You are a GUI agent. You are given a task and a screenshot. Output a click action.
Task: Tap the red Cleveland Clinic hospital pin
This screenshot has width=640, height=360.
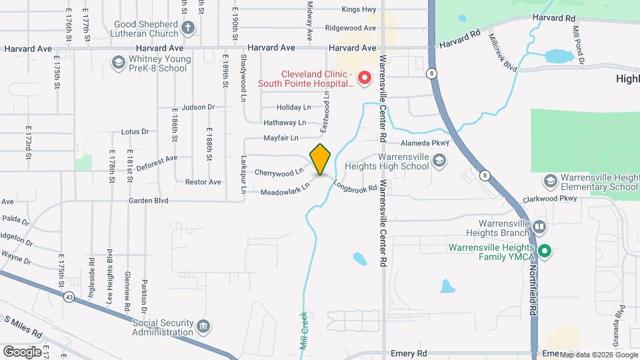pyautogui.click(x=365, y=78)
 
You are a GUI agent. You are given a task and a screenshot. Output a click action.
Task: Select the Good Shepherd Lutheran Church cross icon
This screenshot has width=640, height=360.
pyautogui.click(x=189, y=28)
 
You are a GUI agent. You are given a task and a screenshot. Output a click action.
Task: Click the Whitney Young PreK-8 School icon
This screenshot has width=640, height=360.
pyautogui.click(x=119, y=63)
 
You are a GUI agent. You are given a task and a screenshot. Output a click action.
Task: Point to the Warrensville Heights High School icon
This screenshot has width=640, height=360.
pyautogui.click(x=439, y=160)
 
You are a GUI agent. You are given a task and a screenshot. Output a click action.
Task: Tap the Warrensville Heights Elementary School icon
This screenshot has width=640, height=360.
pyautogui.click(x=550, y=181)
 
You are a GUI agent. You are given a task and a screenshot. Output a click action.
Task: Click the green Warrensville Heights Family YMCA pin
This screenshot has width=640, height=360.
pyautogui.click(x=545, y=251)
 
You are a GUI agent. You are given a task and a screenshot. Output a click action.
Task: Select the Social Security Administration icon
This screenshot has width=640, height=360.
pyautogui.click(x=203, y=327)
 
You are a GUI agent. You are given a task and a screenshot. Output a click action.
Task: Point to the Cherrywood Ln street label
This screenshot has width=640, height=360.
pyautogui.click(x=274, y=173)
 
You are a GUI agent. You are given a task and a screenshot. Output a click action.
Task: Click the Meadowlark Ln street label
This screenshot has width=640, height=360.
pyautogui.click(x=286, y=188)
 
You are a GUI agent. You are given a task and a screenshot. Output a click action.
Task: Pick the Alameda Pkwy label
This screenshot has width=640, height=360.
pyautogui.click(x=426, y=143)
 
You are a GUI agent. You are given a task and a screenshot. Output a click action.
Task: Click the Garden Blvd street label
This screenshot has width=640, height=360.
pyautogui.click(x=149, y=200)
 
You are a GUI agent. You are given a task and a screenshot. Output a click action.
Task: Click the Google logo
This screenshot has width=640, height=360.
pyautogui.click(x=22, y=351)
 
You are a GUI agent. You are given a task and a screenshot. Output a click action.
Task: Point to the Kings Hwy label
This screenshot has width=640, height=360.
pyautogui.click(x=359, y=9)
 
